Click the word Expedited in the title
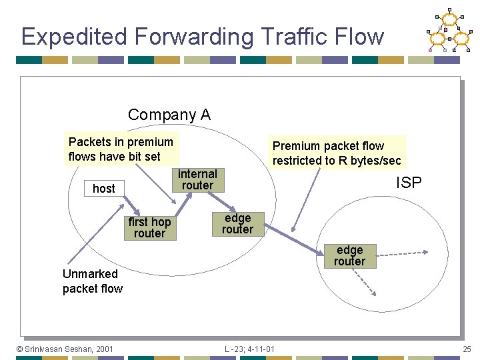(x=69, y=37)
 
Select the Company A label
(x=169, y=115)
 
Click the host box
(x=104, y=189)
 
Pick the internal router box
(x=197, y=180)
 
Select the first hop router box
(x=149, y=227)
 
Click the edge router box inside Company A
(x=237, y=224)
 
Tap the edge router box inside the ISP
(x=349, y=256)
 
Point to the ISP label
(x=409, y=183)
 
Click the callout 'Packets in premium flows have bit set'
(x=121, y=149)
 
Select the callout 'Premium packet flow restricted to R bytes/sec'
(x=337, y=153)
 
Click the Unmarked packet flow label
(x=92, y=281)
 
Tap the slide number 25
(x=466, y=349)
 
